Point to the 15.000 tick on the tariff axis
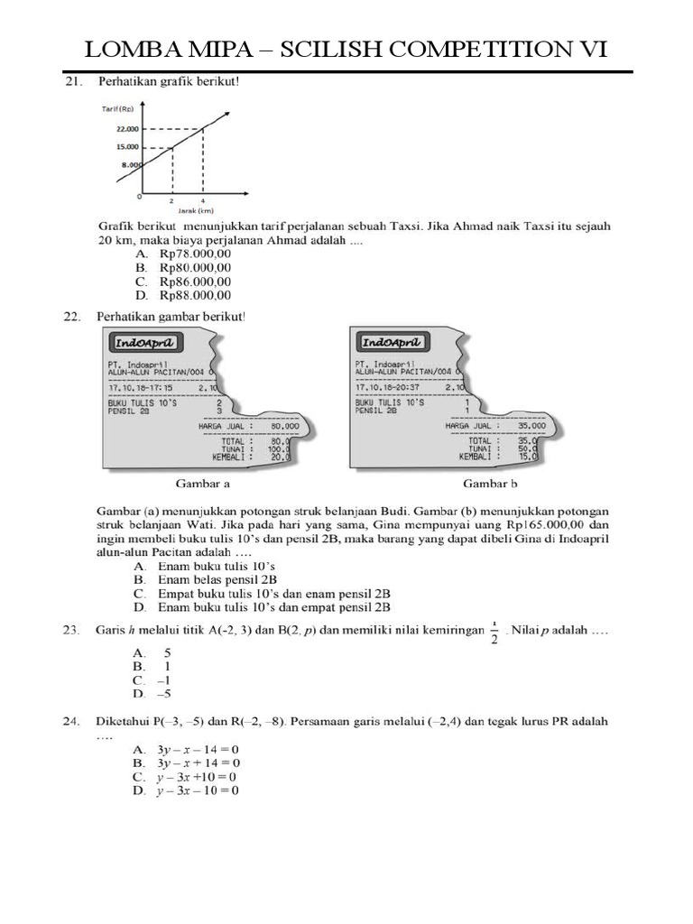pyautogui.click(x=126, y=146)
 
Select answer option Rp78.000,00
pyautogui.click(x=195, y=254)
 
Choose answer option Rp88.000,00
pyautogui.click(x=195, y=294)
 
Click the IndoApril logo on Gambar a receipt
pyautogui.click(x=145, y=343)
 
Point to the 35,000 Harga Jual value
pyautogui.click(x=532, y=426)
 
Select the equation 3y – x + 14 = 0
pyautogui.click(x=198, y=762)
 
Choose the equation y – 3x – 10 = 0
pyautogui.click(x=198, y=790)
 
